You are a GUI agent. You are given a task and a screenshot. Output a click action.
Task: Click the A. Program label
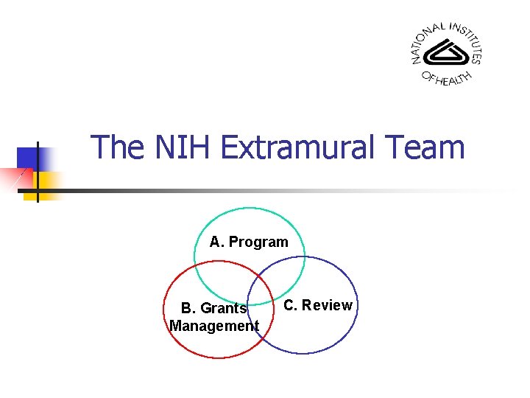tap(249, 242)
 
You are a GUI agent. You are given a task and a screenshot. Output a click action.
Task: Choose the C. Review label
tap(318, 305)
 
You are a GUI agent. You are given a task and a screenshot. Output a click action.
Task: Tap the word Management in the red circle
tap(214, 326)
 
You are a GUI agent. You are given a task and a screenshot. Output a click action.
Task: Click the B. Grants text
tap(213, 308)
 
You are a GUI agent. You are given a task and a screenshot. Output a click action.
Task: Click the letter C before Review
tap(289, 305)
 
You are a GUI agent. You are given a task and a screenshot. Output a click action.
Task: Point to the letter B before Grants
tap(186, 308)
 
